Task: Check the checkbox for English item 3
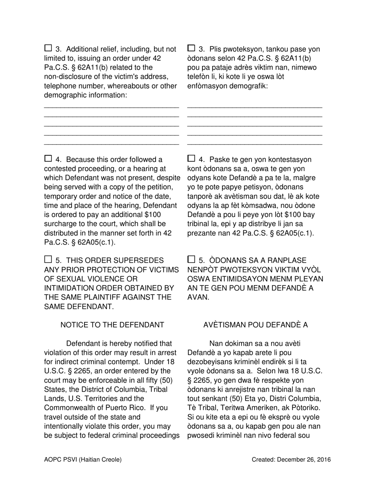pos(48,48)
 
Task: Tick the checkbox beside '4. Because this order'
pos(48,158)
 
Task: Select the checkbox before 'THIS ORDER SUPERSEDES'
pos(48,259)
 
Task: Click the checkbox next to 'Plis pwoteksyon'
pos(191,48)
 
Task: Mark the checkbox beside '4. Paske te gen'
pos(191,158)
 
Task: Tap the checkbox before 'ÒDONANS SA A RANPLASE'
pos(191,259)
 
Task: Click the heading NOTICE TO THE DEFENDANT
pos(112,325)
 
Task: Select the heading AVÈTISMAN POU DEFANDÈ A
pos(255,325)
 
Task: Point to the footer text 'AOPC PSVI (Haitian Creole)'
pos(83,460)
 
